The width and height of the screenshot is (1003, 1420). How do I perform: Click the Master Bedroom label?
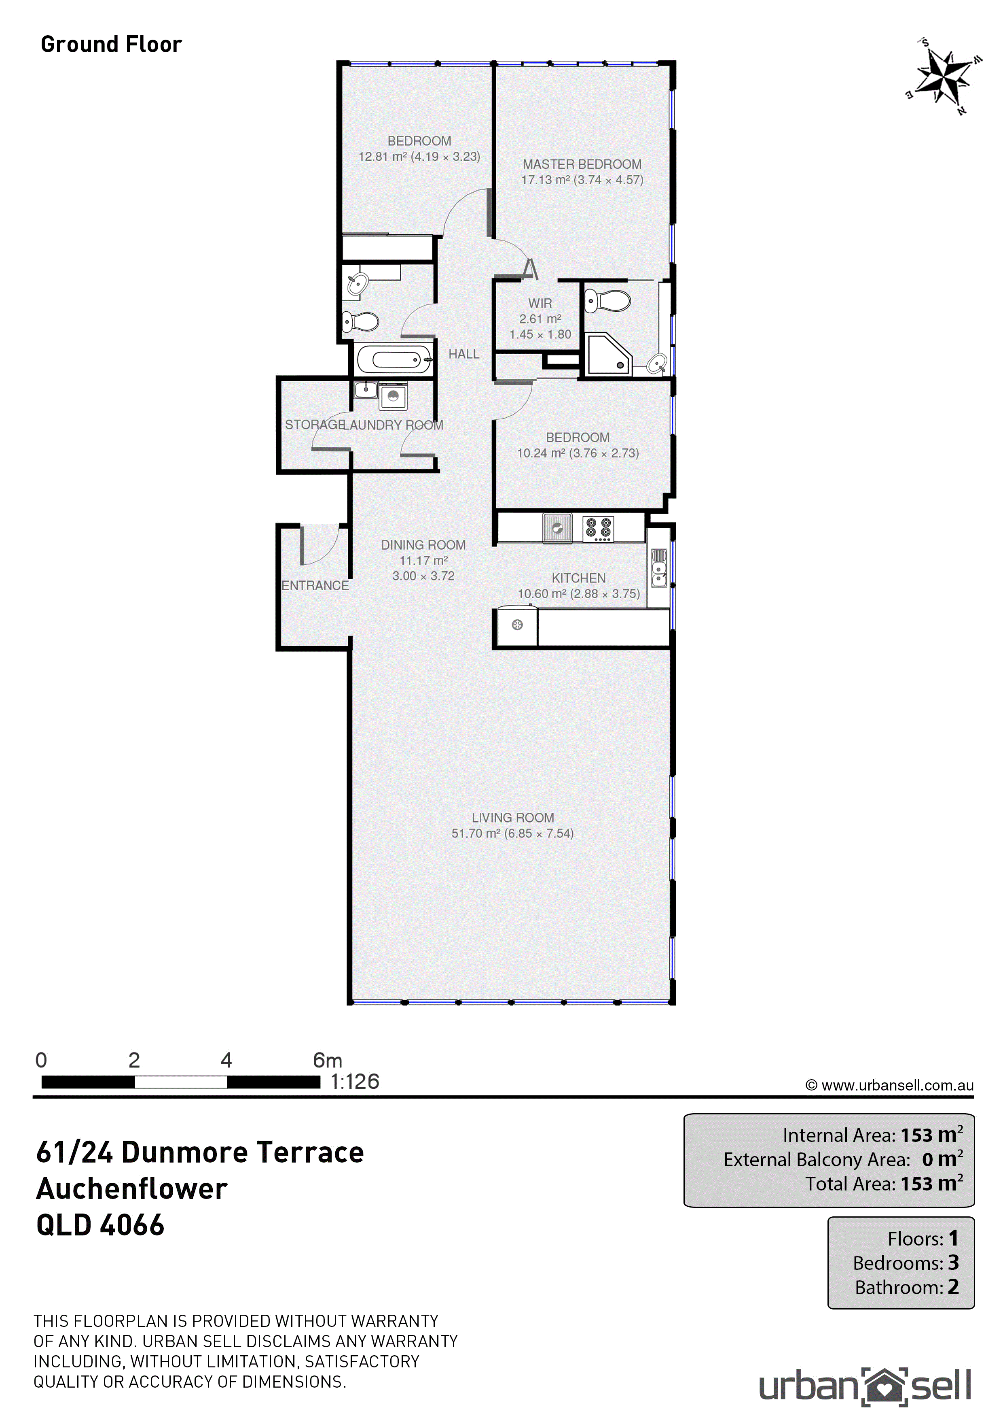tap(582, 164)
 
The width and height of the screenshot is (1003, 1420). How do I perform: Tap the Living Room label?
tap(513, 818)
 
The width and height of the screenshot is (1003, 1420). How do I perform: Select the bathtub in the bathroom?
tap(394, 360)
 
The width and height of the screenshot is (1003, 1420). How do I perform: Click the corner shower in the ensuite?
tap(608, 354)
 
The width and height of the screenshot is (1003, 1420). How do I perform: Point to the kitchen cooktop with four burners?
tap(598, 529)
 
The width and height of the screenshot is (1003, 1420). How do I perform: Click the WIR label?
tap(540, 304)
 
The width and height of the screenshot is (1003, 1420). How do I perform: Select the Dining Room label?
tap(423, 545)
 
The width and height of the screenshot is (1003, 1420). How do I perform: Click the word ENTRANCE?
tap(315, 586)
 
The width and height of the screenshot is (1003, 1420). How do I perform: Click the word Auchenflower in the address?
tap(131, 1189)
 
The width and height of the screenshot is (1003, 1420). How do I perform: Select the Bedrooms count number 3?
tap(954, 1262)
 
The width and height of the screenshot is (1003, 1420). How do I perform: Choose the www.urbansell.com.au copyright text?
tap(890, 1085)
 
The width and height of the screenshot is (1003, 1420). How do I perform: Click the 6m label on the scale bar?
tap(328, 1060)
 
